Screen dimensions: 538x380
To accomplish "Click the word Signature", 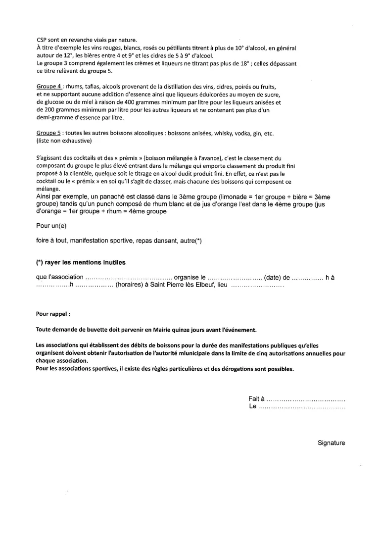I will pos(331,443).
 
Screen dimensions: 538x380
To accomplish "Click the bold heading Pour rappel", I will pos(53,314).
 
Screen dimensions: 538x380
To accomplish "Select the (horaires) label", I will pos(129,286).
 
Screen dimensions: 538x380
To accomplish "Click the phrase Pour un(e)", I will pos(51,226).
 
